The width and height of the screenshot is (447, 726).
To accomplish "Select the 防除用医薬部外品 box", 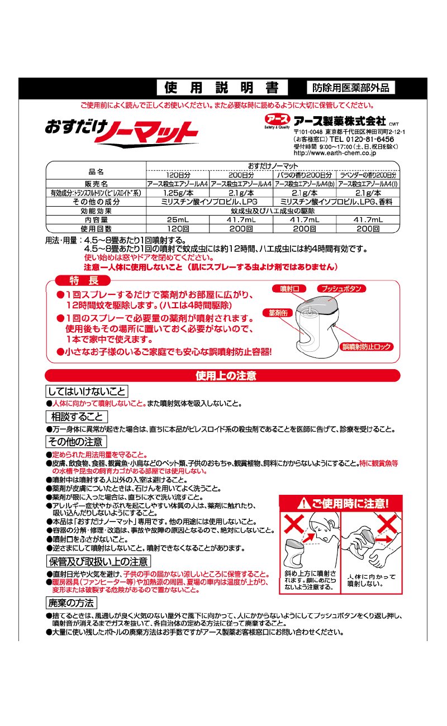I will click(350, 88).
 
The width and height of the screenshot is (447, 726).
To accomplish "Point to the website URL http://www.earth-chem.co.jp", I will click(334, 152).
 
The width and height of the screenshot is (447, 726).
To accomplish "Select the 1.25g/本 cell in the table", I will click(178, 193).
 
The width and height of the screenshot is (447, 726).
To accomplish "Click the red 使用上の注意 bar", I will click(222, 375).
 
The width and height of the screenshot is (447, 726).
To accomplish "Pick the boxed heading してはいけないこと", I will click(87, 391).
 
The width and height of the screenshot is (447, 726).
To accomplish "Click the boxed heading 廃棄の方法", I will click(71, 603).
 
